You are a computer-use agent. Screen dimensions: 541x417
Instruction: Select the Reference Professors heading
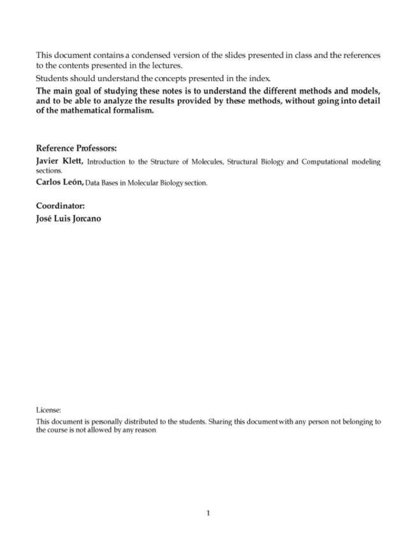click(76, 148)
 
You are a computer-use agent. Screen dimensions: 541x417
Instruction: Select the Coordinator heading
click(60, 206)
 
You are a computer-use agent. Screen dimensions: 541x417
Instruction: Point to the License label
click(48, 410)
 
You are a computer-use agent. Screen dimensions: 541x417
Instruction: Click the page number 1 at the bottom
click(208, 513)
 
